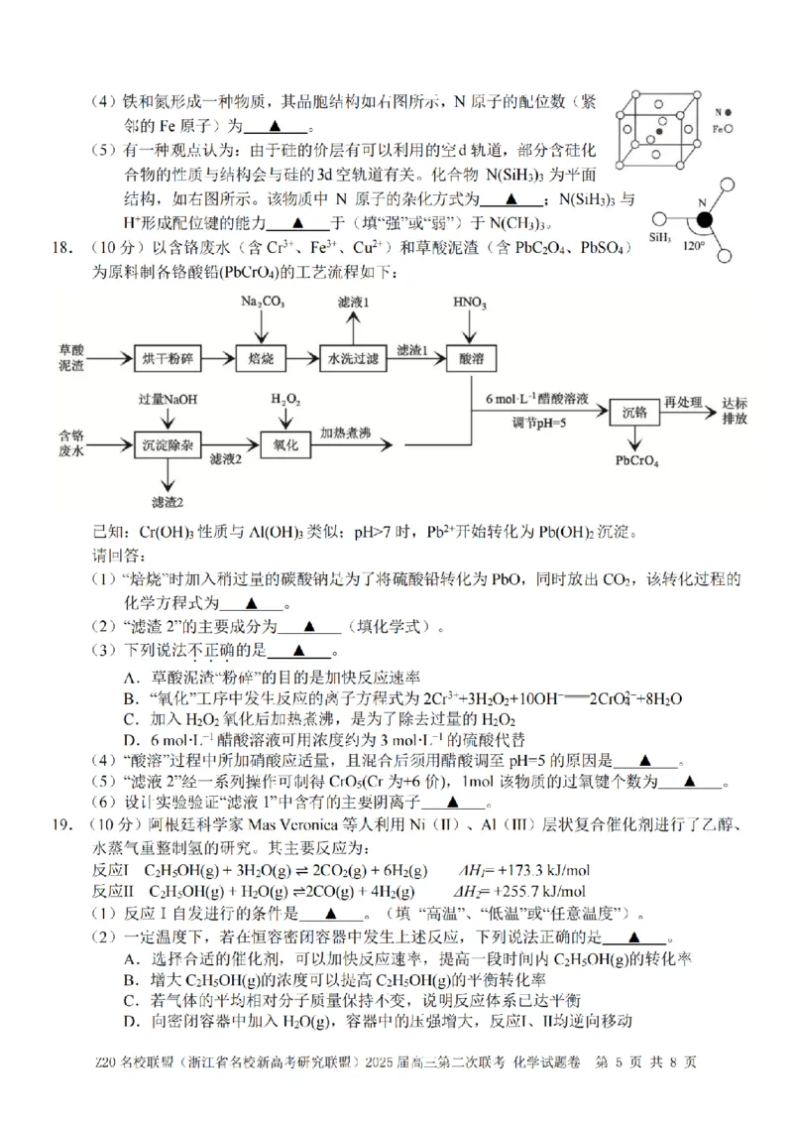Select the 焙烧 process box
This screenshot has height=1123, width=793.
point(263,358)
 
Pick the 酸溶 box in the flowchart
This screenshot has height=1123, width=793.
point(470,358)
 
